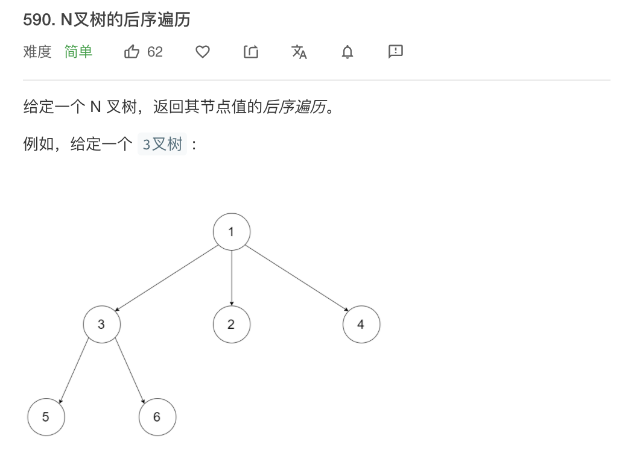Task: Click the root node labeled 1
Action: point(231,232)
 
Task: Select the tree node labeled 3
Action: point(101,324)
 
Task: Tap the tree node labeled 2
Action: point(231,324)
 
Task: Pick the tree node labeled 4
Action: point(361,324)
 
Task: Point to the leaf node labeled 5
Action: point(46,417)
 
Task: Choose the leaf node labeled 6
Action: point(157,417)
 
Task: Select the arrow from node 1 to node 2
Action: point(232,277)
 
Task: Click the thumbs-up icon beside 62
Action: point(132,52)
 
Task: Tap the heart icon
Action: point(203,52)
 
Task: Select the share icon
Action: point(251,52)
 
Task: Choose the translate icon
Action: point(299,52)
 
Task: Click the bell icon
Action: point(347,52)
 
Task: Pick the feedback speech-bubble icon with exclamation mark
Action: point(396,52)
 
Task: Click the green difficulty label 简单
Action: point(78,52)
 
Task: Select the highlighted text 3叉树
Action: point(162,145)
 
